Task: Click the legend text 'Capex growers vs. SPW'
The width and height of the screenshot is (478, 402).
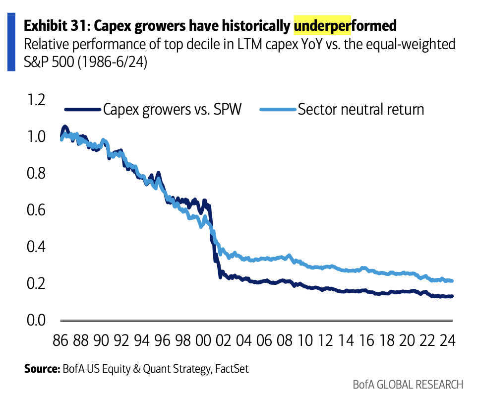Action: [x=172, y=109]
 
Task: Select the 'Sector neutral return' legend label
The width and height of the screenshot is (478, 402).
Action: [x=361, y=109]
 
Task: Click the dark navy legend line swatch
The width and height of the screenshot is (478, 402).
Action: [x=82, y=110]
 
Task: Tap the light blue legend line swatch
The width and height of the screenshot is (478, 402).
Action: [x=277, y=110]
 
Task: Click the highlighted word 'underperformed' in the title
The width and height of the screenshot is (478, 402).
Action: [x=346, y=25]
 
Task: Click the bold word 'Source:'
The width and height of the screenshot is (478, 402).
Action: [x=42, y=369]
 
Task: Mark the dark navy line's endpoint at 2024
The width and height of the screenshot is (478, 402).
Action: [x=452, y=296]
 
